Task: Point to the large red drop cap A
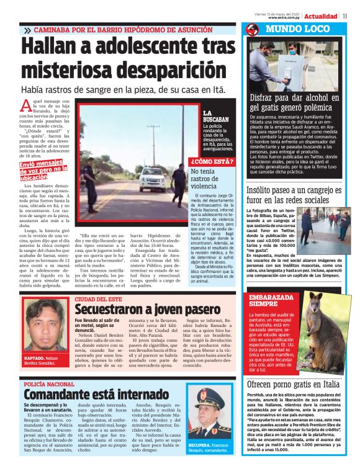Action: point(25,105)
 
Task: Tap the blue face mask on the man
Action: point(271,52)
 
